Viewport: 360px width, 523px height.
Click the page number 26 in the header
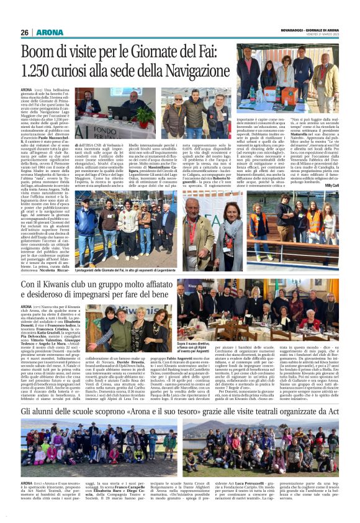click(25, 32)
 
